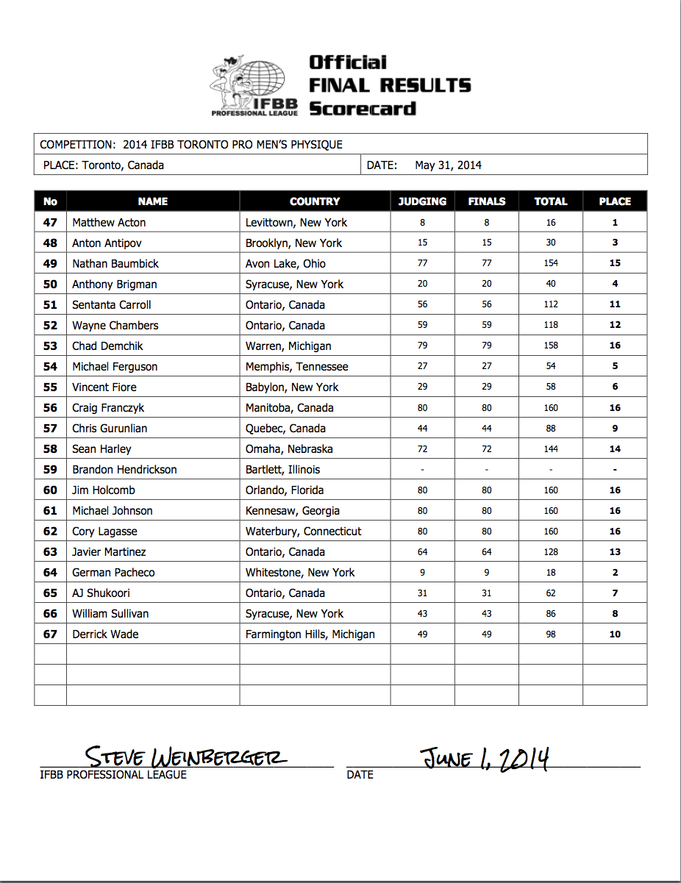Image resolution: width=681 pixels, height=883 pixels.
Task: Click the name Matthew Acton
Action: click(109, 222)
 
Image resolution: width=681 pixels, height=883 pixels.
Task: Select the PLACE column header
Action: click(615, 201)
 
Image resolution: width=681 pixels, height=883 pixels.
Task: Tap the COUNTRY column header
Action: click(315, 201)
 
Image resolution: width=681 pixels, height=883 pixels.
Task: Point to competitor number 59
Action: click(50, 469)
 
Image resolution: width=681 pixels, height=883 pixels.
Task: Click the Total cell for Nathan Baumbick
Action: click(551, 263)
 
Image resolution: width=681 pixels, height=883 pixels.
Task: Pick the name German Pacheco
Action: click(113, 572)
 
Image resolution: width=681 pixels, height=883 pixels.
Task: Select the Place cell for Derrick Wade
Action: click(615, 634)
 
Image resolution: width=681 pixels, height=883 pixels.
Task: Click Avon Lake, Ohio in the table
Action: click(285, 263)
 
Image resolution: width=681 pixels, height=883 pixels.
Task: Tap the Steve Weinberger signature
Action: click(186, 757)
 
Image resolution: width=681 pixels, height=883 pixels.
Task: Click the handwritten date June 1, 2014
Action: click(485, 757)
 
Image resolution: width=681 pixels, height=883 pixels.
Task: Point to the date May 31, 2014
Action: click(448, 165)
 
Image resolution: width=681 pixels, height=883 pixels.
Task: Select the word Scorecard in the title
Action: click(363, 109)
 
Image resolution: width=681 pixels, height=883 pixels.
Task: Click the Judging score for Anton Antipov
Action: click(422, 243)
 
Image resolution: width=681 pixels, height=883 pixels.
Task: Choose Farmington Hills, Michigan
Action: click(310, 634)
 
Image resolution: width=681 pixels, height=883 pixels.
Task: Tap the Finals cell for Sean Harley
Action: click(487, 448)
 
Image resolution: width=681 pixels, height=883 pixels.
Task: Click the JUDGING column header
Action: click(422, 201)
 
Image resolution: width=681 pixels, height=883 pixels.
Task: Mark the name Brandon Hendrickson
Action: click(124, 469)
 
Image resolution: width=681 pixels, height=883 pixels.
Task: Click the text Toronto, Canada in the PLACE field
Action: click(123, 165)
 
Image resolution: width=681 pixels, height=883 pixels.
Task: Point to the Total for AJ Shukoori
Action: click(551, 593)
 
